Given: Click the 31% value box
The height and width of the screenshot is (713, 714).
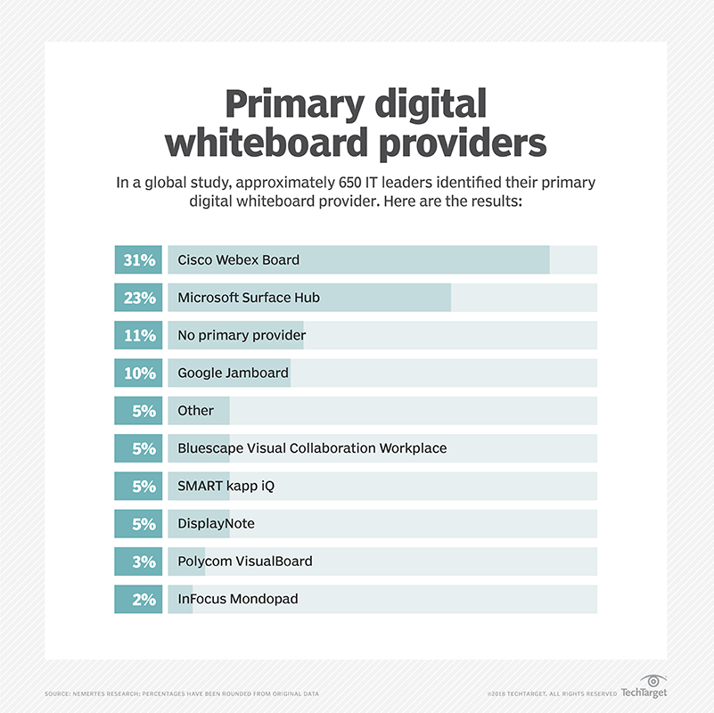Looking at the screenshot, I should coord(138,259).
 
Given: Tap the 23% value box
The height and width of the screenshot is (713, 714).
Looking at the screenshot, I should coord(138,298).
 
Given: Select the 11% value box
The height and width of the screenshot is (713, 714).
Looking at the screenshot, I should coord(138,335).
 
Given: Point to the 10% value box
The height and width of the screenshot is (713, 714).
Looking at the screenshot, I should coord(138,373).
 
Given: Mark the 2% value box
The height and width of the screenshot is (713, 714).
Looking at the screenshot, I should coord(138,600).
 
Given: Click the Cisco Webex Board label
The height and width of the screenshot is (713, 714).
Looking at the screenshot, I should coord(238,260).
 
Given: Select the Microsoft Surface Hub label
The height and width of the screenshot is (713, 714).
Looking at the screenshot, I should coord(249,298).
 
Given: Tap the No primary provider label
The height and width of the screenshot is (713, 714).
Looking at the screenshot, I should coord(242,335).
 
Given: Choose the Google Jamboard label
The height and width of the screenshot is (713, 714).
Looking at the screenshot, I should coord(233,373).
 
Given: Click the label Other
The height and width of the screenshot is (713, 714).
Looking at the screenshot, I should coord(195,411).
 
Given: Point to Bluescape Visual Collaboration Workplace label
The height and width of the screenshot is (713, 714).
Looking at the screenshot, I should coord(312,448).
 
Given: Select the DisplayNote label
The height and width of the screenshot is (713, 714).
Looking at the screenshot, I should coord(216,524).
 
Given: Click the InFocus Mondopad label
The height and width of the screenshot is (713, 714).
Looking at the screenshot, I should coord(238,600).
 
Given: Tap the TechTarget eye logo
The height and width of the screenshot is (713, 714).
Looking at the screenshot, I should coord(653,679).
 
